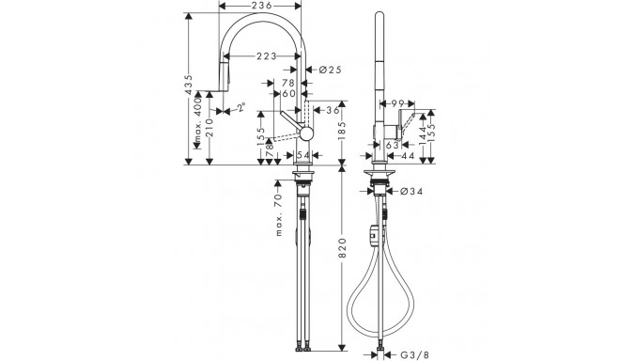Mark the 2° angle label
coord(242,108)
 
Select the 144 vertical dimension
coord(426,124)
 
